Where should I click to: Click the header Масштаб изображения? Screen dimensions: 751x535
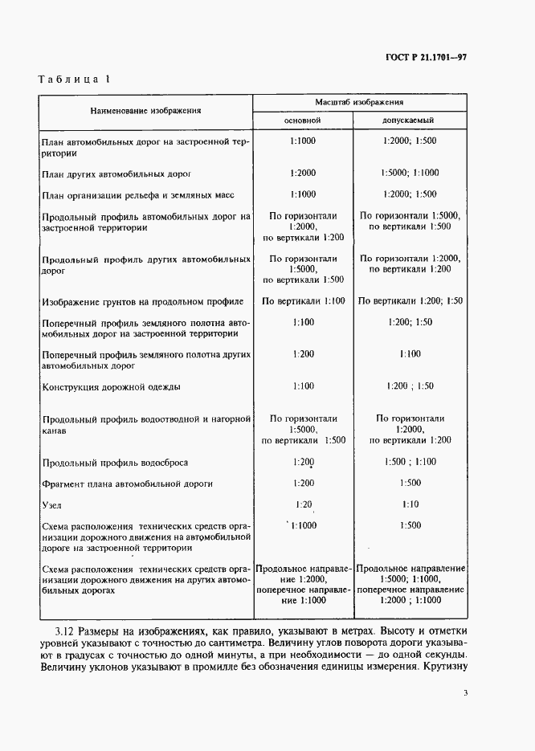coord(359,103)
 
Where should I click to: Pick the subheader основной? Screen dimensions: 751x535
coord(303,120)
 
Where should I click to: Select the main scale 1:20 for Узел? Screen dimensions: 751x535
coord(303,504)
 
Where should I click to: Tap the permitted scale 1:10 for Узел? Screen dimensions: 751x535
coord(410,504)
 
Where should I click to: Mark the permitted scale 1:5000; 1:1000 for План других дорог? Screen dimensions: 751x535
coord(410,172)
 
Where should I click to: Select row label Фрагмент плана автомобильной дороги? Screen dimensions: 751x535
coord(127,484)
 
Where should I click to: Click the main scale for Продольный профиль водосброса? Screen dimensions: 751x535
coord(303,462)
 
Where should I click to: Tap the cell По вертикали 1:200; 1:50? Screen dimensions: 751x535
coord(410,300)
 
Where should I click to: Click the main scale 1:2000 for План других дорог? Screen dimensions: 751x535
coord(303,172)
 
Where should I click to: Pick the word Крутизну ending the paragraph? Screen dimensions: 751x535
coord(440,667)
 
